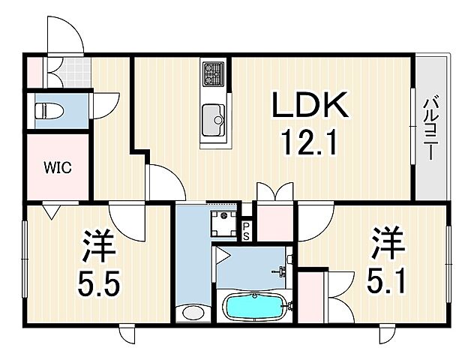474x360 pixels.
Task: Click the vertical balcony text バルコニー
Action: [x=433, y=127]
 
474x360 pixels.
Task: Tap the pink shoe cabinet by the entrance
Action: [x=36, y=72]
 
